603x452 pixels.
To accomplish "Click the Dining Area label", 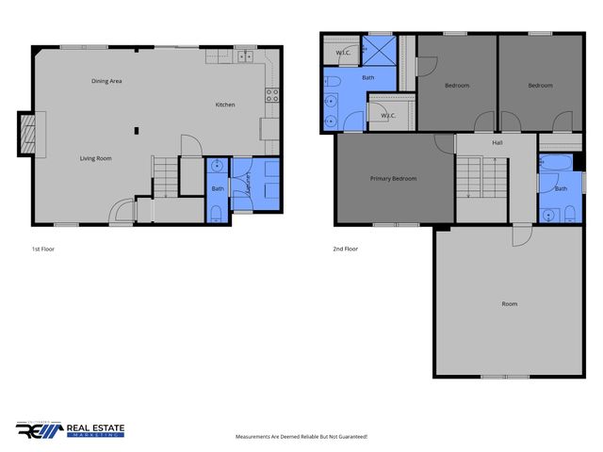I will (106, 81).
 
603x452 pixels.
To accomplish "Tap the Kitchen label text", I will (225, 105).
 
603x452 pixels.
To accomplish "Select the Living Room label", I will (95, 158).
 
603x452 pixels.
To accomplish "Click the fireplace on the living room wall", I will (30, 135).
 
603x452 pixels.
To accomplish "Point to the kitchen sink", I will (243, 56).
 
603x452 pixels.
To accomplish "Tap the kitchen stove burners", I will (271, 94).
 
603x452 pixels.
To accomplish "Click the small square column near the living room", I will (137, 130).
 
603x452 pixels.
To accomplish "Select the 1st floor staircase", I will (165, 177).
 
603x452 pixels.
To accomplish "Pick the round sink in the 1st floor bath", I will (218, 167).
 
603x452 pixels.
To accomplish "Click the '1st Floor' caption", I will (43, 250).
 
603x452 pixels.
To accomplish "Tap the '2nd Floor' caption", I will (346, 250).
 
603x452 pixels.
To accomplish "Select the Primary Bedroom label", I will (393, 178).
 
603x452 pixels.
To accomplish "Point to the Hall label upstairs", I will (497, 143).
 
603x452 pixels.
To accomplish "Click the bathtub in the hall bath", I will (553, 166).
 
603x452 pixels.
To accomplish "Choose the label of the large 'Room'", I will (510, 303).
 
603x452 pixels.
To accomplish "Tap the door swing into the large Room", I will (521, 235).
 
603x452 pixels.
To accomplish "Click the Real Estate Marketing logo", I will (70, 429).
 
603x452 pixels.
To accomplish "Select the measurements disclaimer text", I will (301, 437).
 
